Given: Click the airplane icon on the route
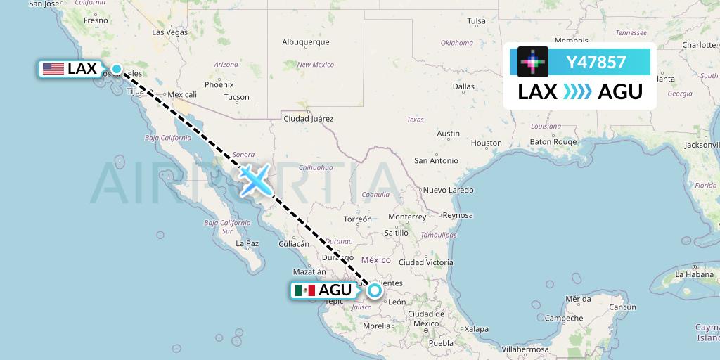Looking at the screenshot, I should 255,179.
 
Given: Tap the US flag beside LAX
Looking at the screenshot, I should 53,69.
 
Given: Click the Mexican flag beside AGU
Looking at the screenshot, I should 304,290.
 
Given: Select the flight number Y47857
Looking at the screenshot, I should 596,62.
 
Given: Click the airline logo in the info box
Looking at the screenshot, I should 533,62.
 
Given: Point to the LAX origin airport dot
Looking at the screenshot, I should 117,69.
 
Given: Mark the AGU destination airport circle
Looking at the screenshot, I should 374,290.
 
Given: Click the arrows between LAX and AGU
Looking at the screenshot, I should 577,91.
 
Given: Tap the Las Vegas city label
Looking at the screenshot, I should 169,32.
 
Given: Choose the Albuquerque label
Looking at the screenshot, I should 306,42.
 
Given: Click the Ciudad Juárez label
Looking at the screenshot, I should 308,118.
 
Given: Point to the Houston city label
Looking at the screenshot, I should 487,143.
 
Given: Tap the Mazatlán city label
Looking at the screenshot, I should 309,271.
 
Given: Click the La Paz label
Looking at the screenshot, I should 248,244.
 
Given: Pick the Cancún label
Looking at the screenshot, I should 622,307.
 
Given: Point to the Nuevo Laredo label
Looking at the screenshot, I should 448,190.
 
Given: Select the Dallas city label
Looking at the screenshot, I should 463,86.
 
